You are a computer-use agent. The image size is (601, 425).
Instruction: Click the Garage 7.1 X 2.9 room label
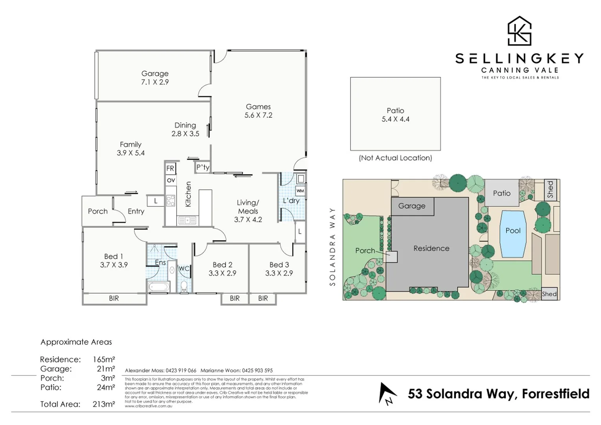coord(155,78)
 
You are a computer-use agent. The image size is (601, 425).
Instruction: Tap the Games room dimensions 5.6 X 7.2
coord(258,115)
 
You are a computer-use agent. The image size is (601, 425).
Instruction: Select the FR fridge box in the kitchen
coord(170,168)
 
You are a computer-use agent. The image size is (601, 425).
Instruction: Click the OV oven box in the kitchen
coord(171,180)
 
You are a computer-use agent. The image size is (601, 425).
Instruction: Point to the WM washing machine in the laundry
coord(300,191)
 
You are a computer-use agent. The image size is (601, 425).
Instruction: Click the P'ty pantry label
coord(203,167)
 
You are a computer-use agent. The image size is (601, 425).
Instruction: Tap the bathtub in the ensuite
coord(159,287)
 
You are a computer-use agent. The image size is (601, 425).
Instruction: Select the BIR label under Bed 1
coord(114,298)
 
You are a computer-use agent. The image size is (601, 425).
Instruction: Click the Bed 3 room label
coord(279,265)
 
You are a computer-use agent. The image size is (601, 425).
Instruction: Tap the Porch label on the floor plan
coord(98,211)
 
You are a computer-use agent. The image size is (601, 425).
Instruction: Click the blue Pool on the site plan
coord(513,234)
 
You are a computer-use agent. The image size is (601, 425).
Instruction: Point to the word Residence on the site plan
coord(431,248)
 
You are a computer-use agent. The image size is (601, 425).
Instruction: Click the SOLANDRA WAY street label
coord(333,247)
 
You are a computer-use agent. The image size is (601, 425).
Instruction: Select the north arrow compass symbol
coord(387,393)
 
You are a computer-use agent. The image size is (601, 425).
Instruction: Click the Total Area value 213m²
coord(103,404)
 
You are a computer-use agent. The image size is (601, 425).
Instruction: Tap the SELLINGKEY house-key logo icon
coord(519,31)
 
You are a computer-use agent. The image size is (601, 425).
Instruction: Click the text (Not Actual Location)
coord(395,158)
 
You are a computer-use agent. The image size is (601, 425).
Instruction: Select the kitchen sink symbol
coord(187,221)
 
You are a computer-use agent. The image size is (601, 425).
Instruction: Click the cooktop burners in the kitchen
coord(171,201)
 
